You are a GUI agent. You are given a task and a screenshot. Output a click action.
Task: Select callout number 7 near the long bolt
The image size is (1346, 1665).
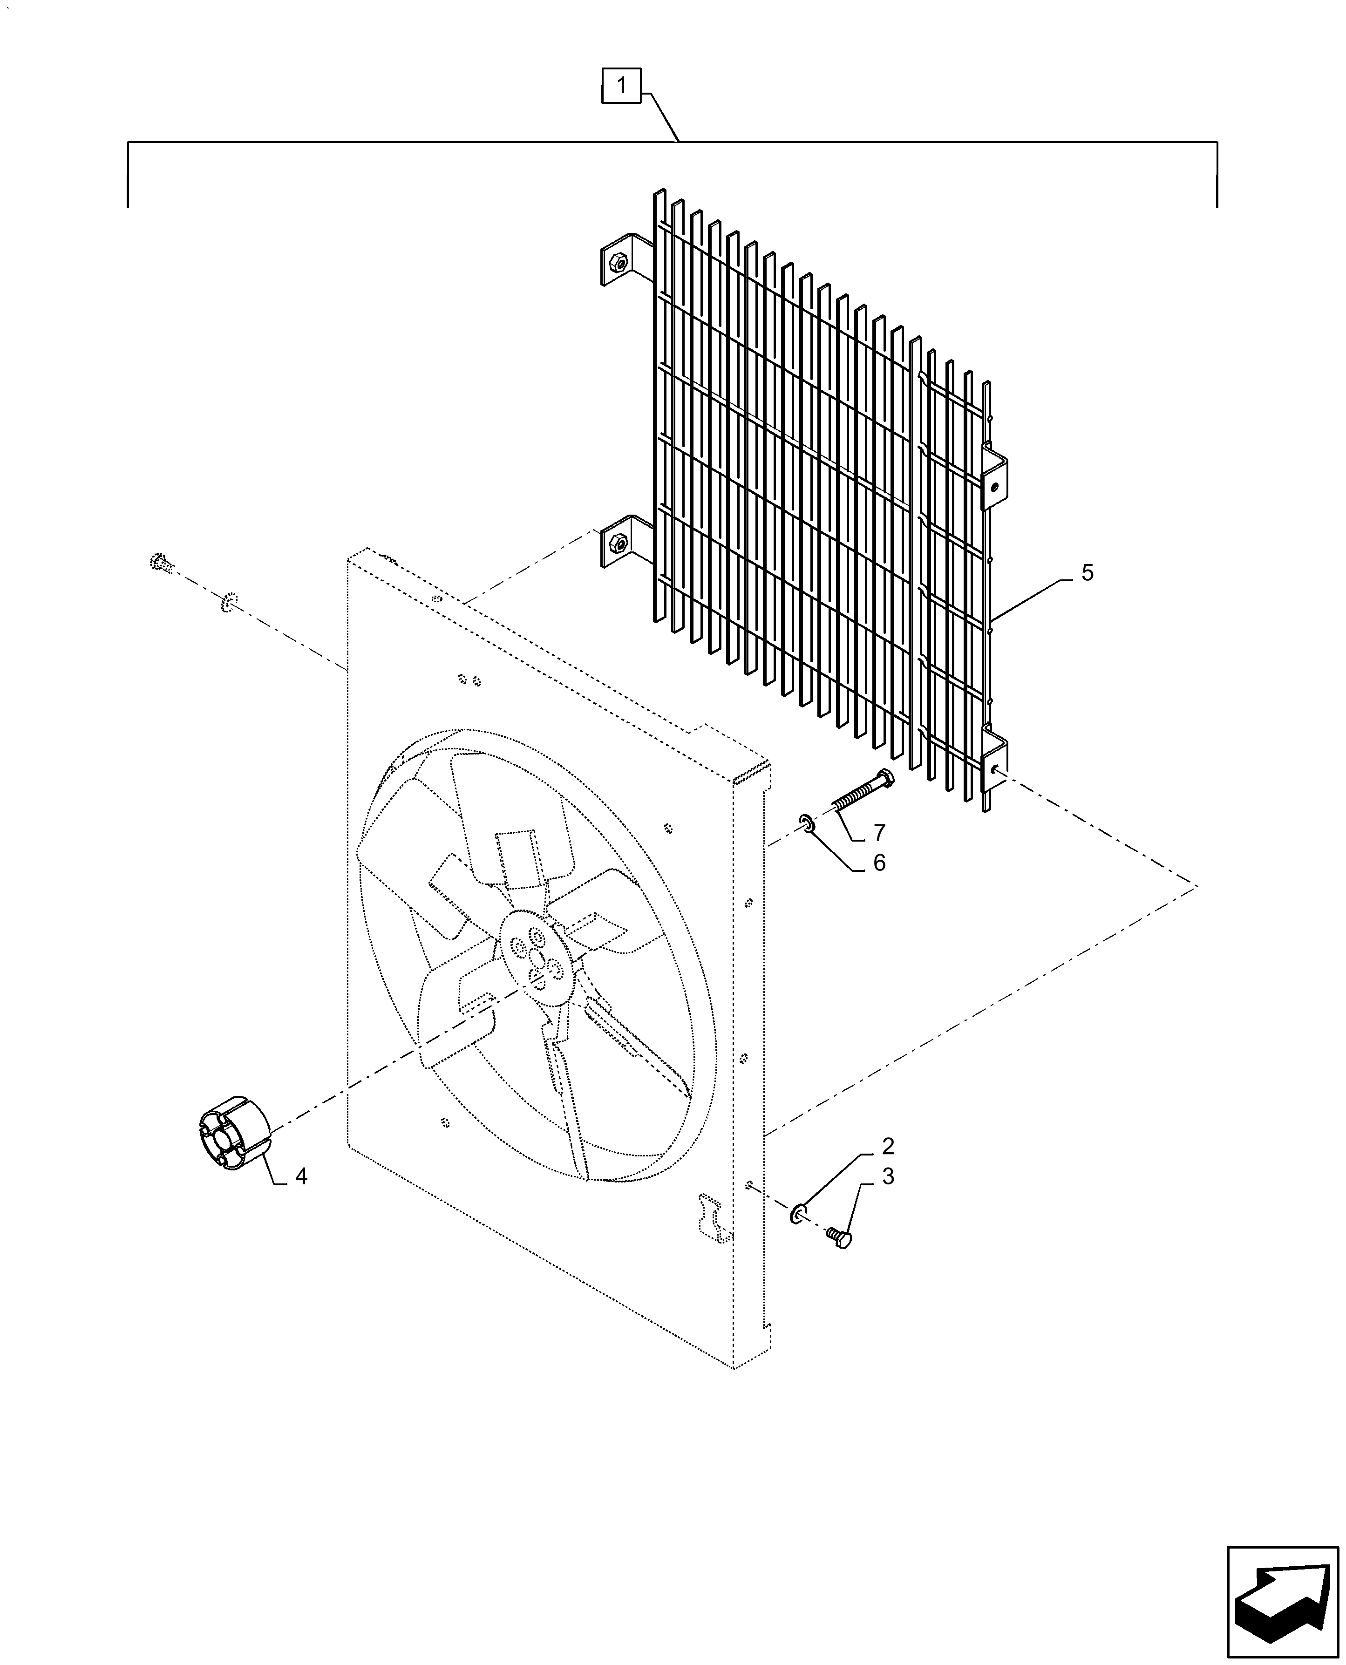coord(878,833)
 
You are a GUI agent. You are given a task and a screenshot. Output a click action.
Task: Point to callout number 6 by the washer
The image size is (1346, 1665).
coord(878,863)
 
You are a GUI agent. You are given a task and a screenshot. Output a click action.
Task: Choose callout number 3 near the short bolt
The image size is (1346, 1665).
coord(888,1176)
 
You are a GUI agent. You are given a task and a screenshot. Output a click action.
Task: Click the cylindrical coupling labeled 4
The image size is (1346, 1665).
coord(232,1140)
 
